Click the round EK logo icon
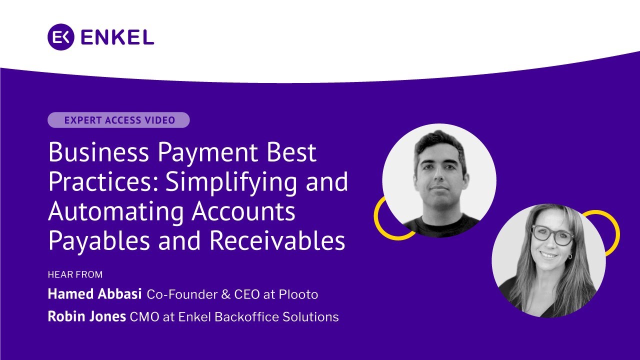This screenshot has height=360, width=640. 61,37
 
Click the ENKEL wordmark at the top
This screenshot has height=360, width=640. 116,37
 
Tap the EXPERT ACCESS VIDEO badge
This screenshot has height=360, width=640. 118,120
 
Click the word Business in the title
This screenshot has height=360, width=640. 99,152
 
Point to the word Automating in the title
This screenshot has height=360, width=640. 116,211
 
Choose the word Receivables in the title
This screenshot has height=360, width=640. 277,240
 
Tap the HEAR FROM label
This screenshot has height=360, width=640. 75,274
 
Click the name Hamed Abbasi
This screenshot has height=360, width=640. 95,294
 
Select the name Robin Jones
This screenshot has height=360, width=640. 86,316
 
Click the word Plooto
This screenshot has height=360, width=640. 298,294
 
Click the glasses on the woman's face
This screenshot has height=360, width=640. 552,235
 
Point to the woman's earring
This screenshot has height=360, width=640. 569,256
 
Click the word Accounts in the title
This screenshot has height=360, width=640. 243,211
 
